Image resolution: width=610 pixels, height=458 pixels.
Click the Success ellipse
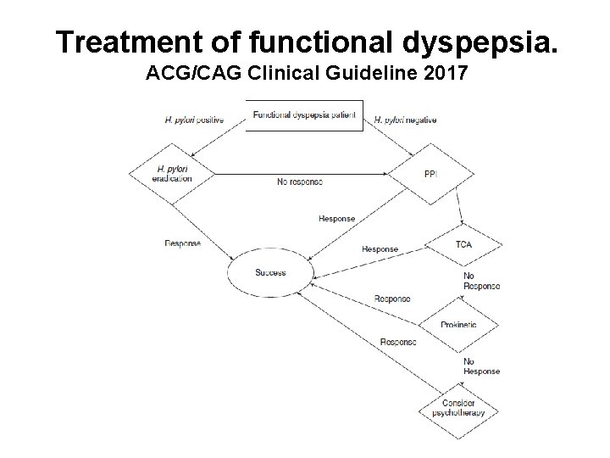pyautogui.click(x=270, y=273)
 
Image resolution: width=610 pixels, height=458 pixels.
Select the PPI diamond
pyautogui.click(x=430, y=175)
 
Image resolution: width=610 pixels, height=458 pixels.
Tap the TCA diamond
pyautogui.click(x=463, y=244)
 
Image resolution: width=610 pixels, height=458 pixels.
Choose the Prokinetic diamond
pyautogui.click(x=458, y=325)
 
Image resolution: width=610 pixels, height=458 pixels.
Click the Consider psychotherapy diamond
pyautogui.click(x=458, y=408)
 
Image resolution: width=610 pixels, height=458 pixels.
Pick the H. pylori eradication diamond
pyautogui.click(x=172, y=174)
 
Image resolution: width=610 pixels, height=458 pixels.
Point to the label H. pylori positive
pyautogui.click(x=193, y=120)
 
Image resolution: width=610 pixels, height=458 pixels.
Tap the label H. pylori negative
pyautogui.click(x=405, y=120)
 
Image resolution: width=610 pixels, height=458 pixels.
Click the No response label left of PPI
pyautogui.click(x=300, y=182)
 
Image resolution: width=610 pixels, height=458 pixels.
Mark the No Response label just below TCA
pyautogui.click(x=481, y=282)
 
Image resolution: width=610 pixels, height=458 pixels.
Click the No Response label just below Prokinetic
pyautogui.click(x=481, y=366)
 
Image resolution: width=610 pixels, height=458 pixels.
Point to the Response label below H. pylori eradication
pyautogui.click(x=182, y=243)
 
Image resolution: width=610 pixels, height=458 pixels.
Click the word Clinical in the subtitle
pyautogui.click(x=280, y=74)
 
